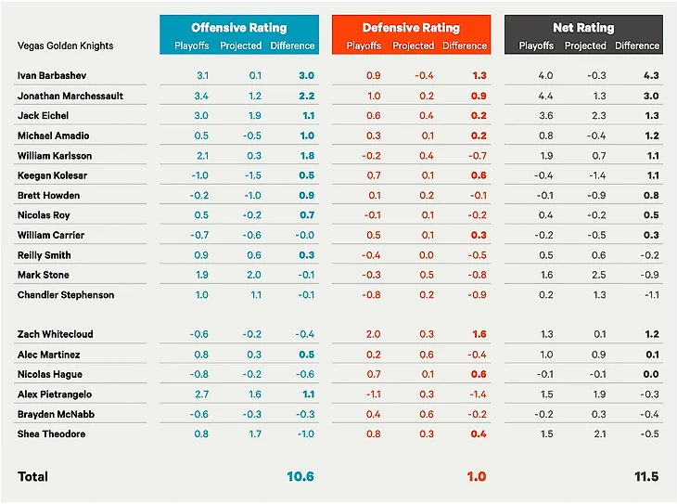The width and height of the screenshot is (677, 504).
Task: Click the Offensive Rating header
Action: click(238, 28)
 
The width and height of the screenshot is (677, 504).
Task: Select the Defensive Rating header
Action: click(411, 28)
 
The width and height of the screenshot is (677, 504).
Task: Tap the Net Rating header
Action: click(583, 28)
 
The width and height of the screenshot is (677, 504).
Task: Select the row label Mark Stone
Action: click(43, 275)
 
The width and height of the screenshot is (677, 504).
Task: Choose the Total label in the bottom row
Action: click(32, 476)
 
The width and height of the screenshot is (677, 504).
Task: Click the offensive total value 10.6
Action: click(300, 476)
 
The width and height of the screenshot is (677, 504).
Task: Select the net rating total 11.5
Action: click(646, 476)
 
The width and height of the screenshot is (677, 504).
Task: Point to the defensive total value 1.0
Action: click(476, 476)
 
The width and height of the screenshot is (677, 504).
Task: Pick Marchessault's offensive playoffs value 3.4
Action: click(200, 96)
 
